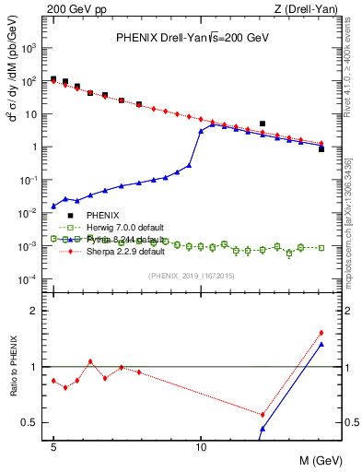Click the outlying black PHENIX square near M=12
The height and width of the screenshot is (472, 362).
263,124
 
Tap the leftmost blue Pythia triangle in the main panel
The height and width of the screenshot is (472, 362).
53,206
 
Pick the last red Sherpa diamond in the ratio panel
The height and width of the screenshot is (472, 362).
321,333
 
